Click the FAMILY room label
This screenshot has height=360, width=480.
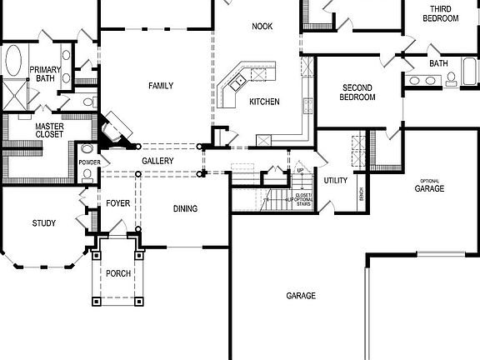[x=161, y=86]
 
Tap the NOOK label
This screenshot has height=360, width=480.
[x=262, y=27]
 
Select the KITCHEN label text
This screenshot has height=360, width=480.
[x=264, y=102]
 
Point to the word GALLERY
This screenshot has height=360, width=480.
[x=157, y=160]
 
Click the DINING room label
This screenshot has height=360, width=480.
[x=186, y=208]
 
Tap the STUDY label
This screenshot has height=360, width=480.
[x=44, y=222]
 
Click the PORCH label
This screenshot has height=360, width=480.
[x=118, y=273]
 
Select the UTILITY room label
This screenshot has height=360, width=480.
[x=336, y=180]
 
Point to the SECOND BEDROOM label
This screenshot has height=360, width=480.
[x=357, y=92]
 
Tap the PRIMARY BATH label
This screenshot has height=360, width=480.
[x=44, y=74]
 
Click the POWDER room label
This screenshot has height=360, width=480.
[x=88, y=162]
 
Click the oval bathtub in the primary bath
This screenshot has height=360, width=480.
[x=14, y=62]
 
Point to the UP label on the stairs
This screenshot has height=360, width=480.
[x=301, y=172]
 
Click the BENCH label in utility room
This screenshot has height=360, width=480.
[x=360, y=193]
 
